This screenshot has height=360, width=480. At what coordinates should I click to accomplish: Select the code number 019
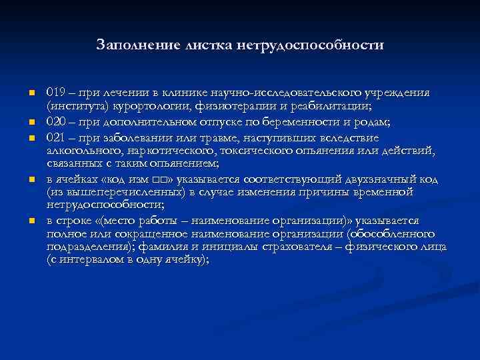tap(56, 93)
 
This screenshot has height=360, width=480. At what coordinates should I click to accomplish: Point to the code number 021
tap(56, 137)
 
